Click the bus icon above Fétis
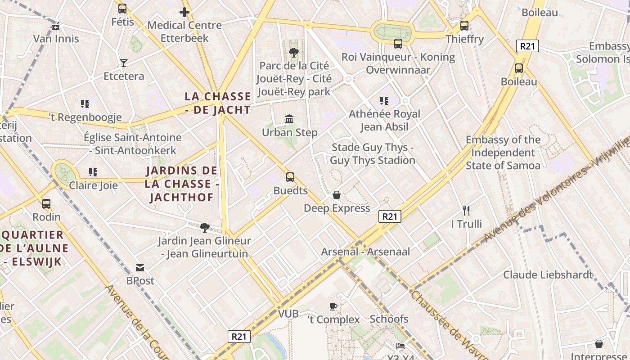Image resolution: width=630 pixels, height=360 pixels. [122, 8]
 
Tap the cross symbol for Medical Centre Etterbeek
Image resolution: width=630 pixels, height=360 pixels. [184, 12]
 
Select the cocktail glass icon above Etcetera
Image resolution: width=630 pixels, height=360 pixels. [124, 63]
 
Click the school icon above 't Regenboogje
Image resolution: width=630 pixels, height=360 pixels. [85, 104]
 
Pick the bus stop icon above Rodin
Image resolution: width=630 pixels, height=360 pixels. [46, 203]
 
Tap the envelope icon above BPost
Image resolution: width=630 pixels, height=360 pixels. [140, 268]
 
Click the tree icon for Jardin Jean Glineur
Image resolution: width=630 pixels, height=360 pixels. [204, 227]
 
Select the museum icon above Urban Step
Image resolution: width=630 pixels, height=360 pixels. [290, 119]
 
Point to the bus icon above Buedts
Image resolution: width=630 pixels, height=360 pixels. [290, 177]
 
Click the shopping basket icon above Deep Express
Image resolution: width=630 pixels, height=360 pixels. [336, 195]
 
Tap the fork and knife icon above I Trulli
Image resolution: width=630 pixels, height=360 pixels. [466, 210]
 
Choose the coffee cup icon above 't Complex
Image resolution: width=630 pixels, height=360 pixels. [333, 306]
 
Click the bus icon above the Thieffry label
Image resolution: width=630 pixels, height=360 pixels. [464, 26]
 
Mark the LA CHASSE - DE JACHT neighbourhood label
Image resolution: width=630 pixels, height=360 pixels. [218, 103]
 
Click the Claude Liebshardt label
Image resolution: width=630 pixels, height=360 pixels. [548, 274]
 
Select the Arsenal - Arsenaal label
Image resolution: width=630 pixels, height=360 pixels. [365, 252]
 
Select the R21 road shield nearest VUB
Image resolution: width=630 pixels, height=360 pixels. [238, 337]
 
